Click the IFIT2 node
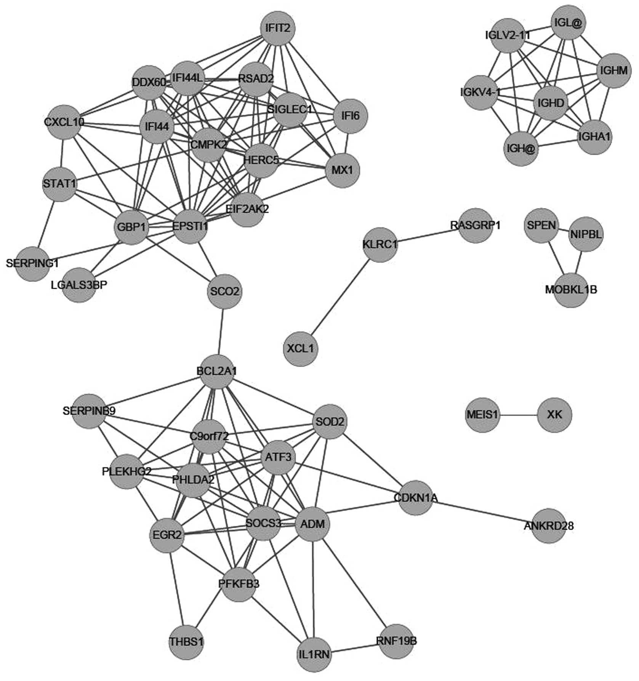278,28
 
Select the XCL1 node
301,349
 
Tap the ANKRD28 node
548,526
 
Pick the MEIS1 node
482,415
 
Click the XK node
554,415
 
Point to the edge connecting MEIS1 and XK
518,415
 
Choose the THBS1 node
187,642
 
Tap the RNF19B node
396,641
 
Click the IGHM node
613,71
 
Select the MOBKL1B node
571,290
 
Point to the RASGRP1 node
475,225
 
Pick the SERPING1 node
32,263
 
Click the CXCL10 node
64,122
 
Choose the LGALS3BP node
79,285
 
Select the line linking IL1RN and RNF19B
355,648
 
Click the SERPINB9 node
89,411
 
